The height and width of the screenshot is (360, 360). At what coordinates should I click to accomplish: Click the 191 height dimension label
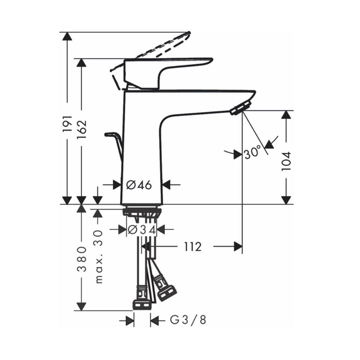[x=67, y=124]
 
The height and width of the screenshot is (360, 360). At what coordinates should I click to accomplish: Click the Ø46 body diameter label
[x=139, y=185]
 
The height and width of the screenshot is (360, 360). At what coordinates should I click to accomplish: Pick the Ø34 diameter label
[x=142, y=229]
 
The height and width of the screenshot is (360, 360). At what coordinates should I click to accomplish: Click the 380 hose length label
[x=82, y=259]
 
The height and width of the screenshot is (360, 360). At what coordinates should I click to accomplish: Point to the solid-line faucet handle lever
[x=169, y=67]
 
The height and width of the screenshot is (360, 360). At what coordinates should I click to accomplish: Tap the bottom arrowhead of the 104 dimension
[x=286, y=199]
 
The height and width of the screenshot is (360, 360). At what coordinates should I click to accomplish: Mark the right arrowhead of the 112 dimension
[x=237, y=247]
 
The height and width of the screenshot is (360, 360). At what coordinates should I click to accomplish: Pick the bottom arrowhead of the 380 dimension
[x=82, y=306]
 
